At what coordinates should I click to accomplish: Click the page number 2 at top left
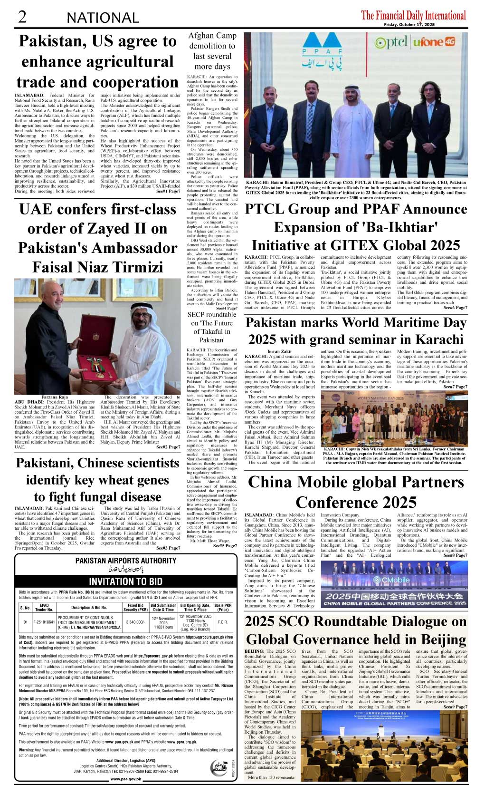point(21,17)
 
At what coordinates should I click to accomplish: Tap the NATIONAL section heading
point(103,18)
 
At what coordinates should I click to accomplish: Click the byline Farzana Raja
point(55,397)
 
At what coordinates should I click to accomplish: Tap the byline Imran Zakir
point(280,351)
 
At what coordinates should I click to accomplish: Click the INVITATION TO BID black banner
point(125,581)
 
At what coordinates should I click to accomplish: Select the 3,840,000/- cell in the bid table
point(136,622)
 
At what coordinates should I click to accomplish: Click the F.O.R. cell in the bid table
point(222,622)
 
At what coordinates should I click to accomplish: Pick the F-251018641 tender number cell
point(44,622)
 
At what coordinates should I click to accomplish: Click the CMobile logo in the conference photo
point(391,580)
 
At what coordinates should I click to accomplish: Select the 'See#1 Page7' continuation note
point(168,191)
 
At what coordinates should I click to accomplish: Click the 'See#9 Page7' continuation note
point(455,707)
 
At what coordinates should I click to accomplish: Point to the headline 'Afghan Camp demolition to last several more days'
point(212,51)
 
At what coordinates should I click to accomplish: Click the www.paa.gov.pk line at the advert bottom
point(125,779)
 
